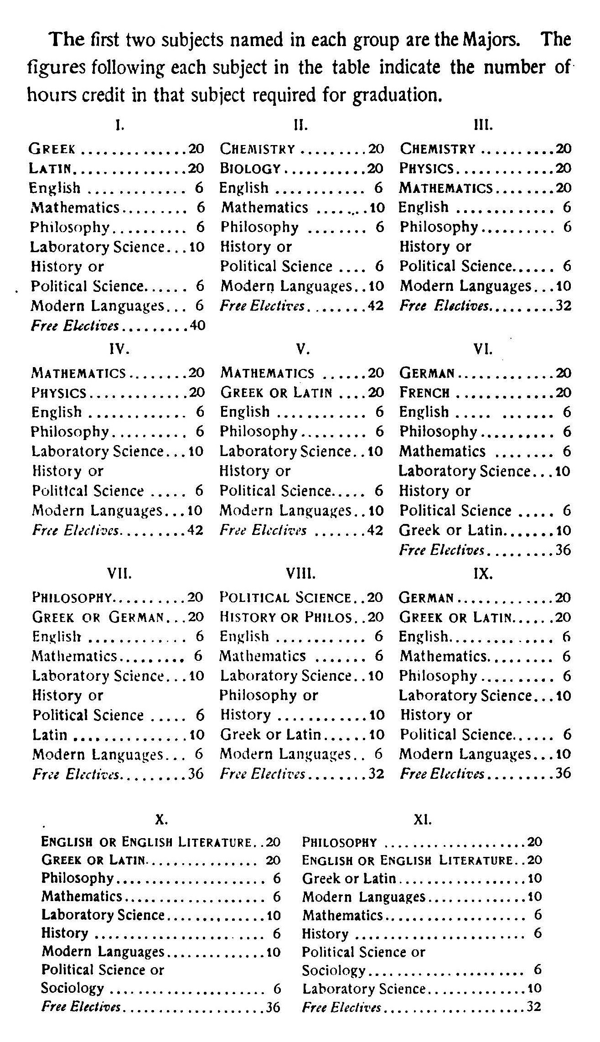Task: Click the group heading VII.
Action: click(x=119, y=573)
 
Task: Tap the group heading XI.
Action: click(x=422, y=820)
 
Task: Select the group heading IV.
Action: click(x=120, y=349)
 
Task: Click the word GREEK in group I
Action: click(x=52, y=149)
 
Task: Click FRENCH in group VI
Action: click(x=424, y=393)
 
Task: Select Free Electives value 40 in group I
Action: click(x=197, y=326)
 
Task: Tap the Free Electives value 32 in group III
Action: click(x=563, y=306)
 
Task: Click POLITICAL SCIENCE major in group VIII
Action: click(x=285, y=597)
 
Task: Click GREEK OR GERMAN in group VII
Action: click(x=98, y=617)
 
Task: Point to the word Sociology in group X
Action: click(x=72, y=988)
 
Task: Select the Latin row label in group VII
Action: click(x=50, y=735)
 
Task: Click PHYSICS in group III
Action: click(x=426, y=169)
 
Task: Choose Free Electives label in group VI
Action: click(x=441, y=550)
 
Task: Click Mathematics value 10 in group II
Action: click(x=377, y=208)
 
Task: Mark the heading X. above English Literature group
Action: click(x=161, y=820)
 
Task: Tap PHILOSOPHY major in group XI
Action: click(x=339, y=842)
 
